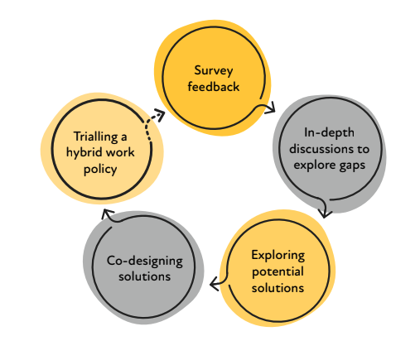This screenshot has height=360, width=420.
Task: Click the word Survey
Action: coord(214,71)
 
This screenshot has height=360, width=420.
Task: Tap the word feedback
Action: coord(214,87)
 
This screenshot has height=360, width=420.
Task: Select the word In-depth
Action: coord(329,133)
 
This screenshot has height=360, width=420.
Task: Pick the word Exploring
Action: coord(278,256)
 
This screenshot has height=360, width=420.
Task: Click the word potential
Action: coord(278,272)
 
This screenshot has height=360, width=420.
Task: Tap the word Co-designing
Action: coord(145,261)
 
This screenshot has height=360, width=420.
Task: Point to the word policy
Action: coord(100,170)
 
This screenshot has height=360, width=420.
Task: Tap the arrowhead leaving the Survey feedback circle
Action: coord(270,108)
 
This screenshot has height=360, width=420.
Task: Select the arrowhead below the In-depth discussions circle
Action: coord(325,214)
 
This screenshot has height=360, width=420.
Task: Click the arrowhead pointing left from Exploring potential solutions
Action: coord(215,284)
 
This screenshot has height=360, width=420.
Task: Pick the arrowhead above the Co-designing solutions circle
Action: coord(107,214)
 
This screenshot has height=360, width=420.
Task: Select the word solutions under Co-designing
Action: coord(144,276)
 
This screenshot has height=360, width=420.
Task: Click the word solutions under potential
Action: coord(278,288)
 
